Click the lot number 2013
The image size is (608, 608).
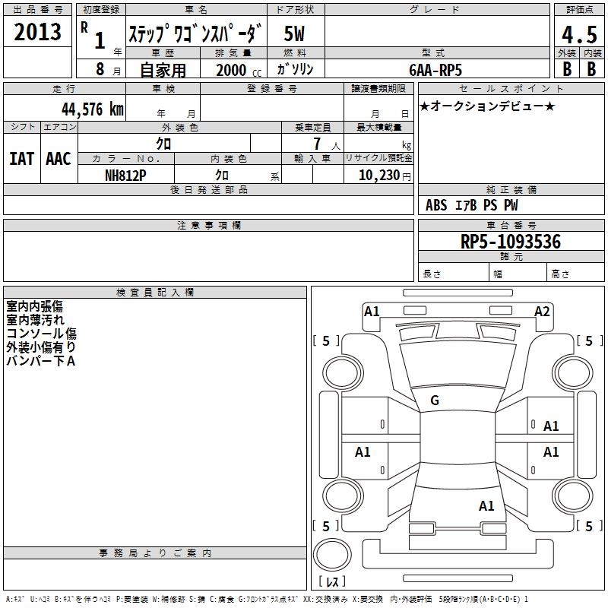[x=37, y=32]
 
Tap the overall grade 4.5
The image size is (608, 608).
[x=579, y=34]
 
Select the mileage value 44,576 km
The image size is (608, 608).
[x=93, y=109]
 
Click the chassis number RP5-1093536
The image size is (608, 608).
[x=511, y=242]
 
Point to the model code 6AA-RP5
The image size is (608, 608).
[x=435, y=70]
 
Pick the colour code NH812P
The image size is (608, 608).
[x=125, y=176]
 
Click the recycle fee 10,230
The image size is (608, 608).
[x=379, y=176]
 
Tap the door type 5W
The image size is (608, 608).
[x=294, y=33]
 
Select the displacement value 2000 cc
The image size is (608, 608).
[x=238, y=71]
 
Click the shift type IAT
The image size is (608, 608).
[x=21, y=159]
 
